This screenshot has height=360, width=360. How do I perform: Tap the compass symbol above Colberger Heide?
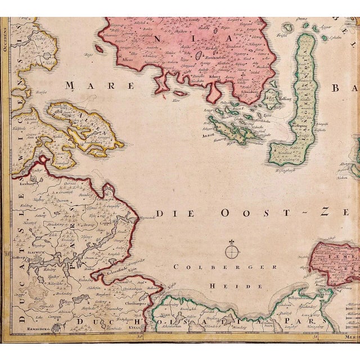click(231, 247)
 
